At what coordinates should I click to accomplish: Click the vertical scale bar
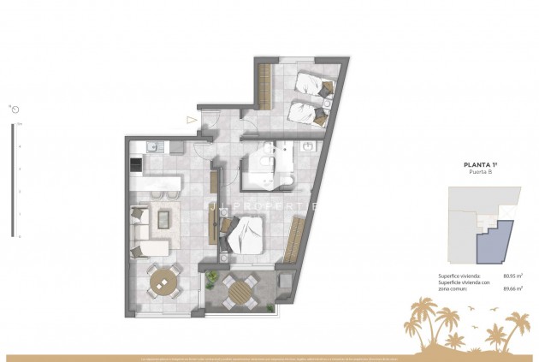pyautogui.click(x=12, y=181)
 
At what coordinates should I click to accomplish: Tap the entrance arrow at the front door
pyautogui.click(x=192, y=121)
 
